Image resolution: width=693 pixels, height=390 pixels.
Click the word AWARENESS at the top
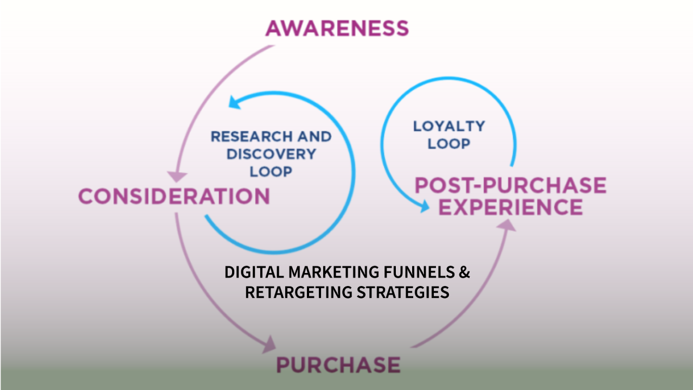point(337,28)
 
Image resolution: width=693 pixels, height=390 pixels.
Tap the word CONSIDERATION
point(174,196)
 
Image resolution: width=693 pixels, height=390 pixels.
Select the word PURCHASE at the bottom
point(338,364)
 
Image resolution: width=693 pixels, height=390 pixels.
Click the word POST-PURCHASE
point(510,186)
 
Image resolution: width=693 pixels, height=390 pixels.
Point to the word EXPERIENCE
point(510,207)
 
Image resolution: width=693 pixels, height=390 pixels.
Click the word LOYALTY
point(448,126)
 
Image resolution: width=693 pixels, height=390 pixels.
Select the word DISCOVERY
point(271,154)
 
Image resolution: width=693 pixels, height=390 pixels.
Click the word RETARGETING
point(298,292)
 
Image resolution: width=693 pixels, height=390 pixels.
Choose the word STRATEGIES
point(402,292)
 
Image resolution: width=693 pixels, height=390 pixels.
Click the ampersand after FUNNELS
point(464,272)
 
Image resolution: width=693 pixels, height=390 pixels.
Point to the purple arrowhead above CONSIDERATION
point(177,177)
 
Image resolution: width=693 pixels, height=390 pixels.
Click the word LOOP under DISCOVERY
point(271,172)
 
